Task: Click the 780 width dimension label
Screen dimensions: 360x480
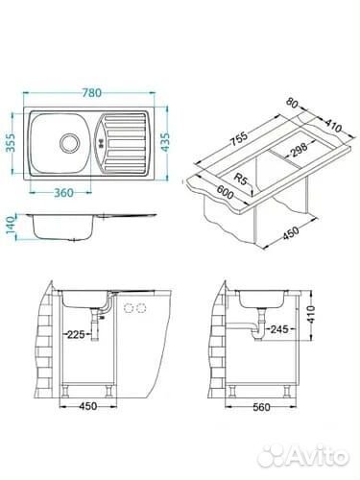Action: [92, 92]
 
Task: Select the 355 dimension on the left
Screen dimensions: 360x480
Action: [12, 143]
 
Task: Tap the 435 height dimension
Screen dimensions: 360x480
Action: [166, 143]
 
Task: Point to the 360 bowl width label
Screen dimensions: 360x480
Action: [63, 193]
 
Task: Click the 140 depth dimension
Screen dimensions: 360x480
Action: [12, 226]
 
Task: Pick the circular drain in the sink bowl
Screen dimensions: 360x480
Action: [69, 142]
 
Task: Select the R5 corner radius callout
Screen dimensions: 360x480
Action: [240, 179]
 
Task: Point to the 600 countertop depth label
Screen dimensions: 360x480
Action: [227, 193]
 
